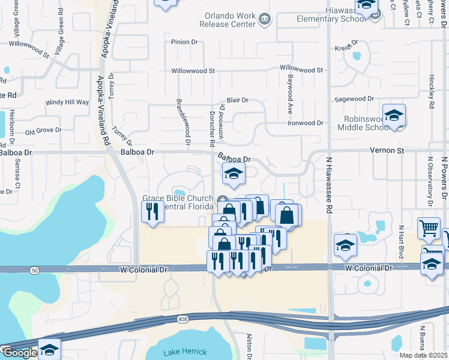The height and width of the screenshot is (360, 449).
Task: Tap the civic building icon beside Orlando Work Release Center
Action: [264, 20]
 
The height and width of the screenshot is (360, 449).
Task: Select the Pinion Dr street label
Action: [184, 42]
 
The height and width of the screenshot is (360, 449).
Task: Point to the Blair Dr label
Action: [237, 100]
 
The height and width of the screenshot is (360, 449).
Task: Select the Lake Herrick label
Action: [185, 351]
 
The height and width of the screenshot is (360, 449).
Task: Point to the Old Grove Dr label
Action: [43, 130]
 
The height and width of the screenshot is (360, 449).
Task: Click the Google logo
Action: [19, 353]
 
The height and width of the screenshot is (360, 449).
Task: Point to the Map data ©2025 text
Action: [424, 355]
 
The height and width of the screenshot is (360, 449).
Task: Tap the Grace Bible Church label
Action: [178, 203]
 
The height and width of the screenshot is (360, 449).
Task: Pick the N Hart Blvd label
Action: [401, 239]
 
